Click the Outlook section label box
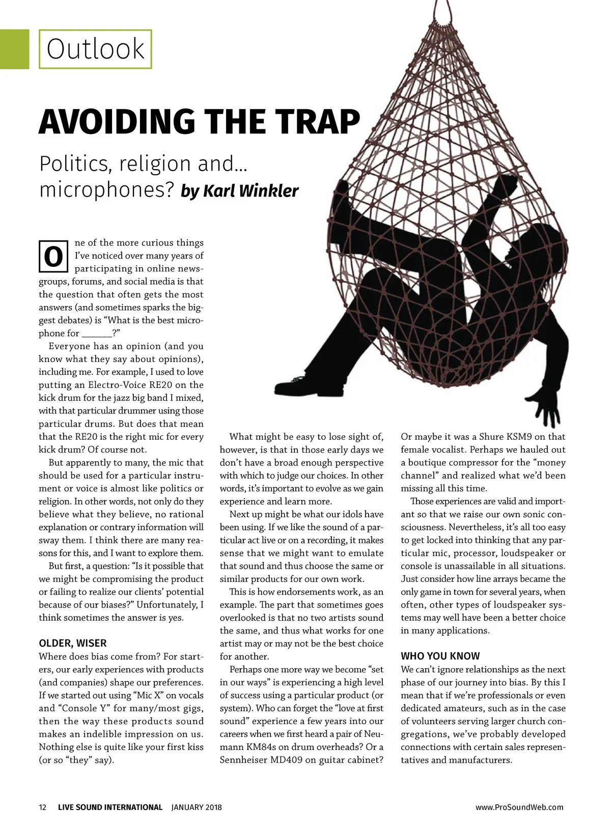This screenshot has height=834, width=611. click(x=95, y=49)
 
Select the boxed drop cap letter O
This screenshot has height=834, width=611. click(x=53, y=256)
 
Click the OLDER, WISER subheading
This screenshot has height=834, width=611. click(x=73, y=643)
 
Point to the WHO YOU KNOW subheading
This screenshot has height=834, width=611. click(x=440, y=656)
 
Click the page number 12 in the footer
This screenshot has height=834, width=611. click(x=43, y=807)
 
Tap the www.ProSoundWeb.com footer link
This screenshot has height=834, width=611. click(x=519, y=807)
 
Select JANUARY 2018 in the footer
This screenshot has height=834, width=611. click(x=197, y=807)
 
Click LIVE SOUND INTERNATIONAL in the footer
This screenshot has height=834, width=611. click(x=110, y=807)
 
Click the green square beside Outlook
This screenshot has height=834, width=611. click(x=14, y=49)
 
